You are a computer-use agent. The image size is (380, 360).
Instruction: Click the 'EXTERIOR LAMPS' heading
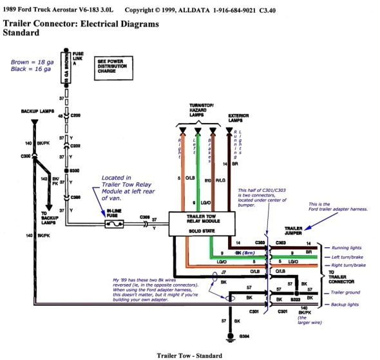239,118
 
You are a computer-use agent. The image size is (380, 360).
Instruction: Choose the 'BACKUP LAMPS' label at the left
35,111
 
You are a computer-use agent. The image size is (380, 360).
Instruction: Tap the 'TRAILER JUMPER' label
293,230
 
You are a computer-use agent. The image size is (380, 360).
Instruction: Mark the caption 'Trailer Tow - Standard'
190,354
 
